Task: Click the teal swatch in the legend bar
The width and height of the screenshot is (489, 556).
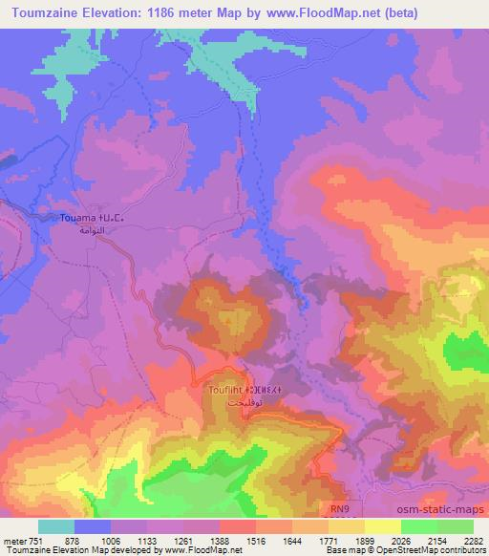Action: pyautogui.click(x=55, y=526)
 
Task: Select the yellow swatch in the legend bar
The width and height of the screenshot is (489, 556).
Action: pyautogui.click(x=382, y=526)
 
